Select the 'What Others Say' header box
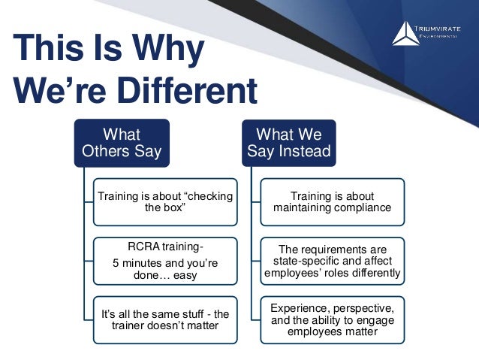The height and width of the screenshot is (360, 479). pos(121,143)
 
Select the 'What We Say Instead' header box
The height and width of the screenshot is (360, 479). pos(289,143)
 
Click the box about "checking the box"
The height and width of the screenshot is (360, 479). pos(164,202)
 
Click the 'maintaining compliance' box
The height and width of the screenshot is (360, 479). pos(332,202)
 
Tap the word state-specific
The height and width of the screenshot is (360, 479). pos(296,261)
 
